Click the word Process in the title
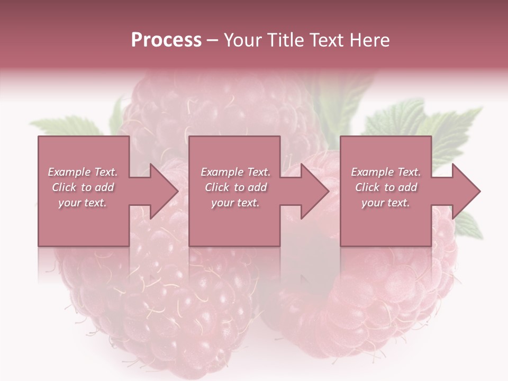[166, 40]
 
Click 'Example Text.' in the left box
[83, 172]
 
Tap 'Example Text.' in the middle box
[235, 172]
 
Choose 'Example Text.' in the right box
[386, 172]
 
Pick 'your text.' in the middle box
[235, 203]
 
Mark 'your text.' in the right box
[385, 203]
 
